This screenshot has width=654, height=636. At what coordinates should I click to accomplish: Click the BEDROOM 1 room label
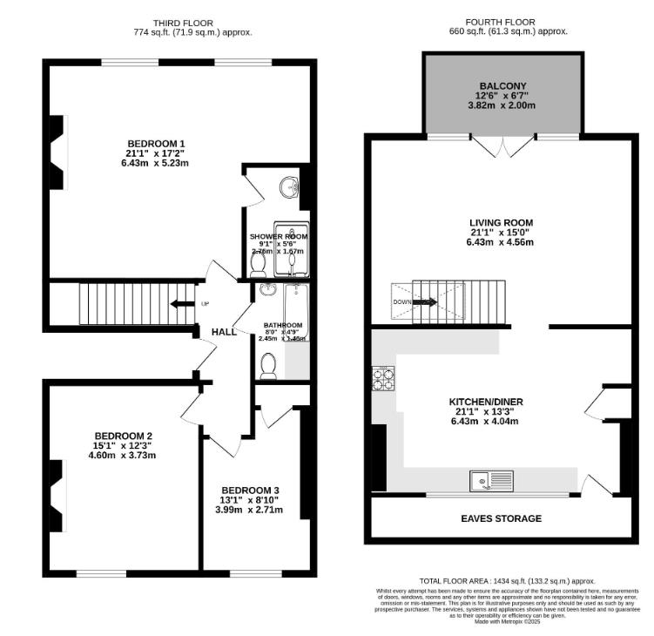click(x=156, y=143)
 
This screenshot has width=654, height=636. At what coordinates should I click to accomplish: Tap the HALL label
click(x=225, y=332)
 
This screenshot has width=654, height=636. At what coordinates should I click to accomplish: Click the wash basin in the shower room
click(x=290, y=186)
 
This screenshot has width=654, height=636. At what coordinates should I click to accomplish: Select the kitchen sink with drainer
click(x=491, y=479)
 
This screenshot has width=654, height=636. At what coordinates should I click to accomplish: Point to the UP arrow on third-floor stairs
click(x=183, y=304)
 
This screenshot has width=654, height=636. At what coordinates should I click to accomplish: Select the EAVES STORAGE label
click(x=501, y=518)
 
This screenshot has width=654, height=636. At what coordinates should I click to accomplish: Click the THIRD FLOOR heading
click(x=183, y=23)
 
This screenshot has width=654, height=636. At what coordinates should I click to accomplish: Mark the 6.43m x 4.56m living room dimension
click(x=500, y=242)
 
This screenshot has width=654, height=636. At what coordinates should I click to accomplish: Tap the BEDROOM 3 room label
click(x=250, y=490)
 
